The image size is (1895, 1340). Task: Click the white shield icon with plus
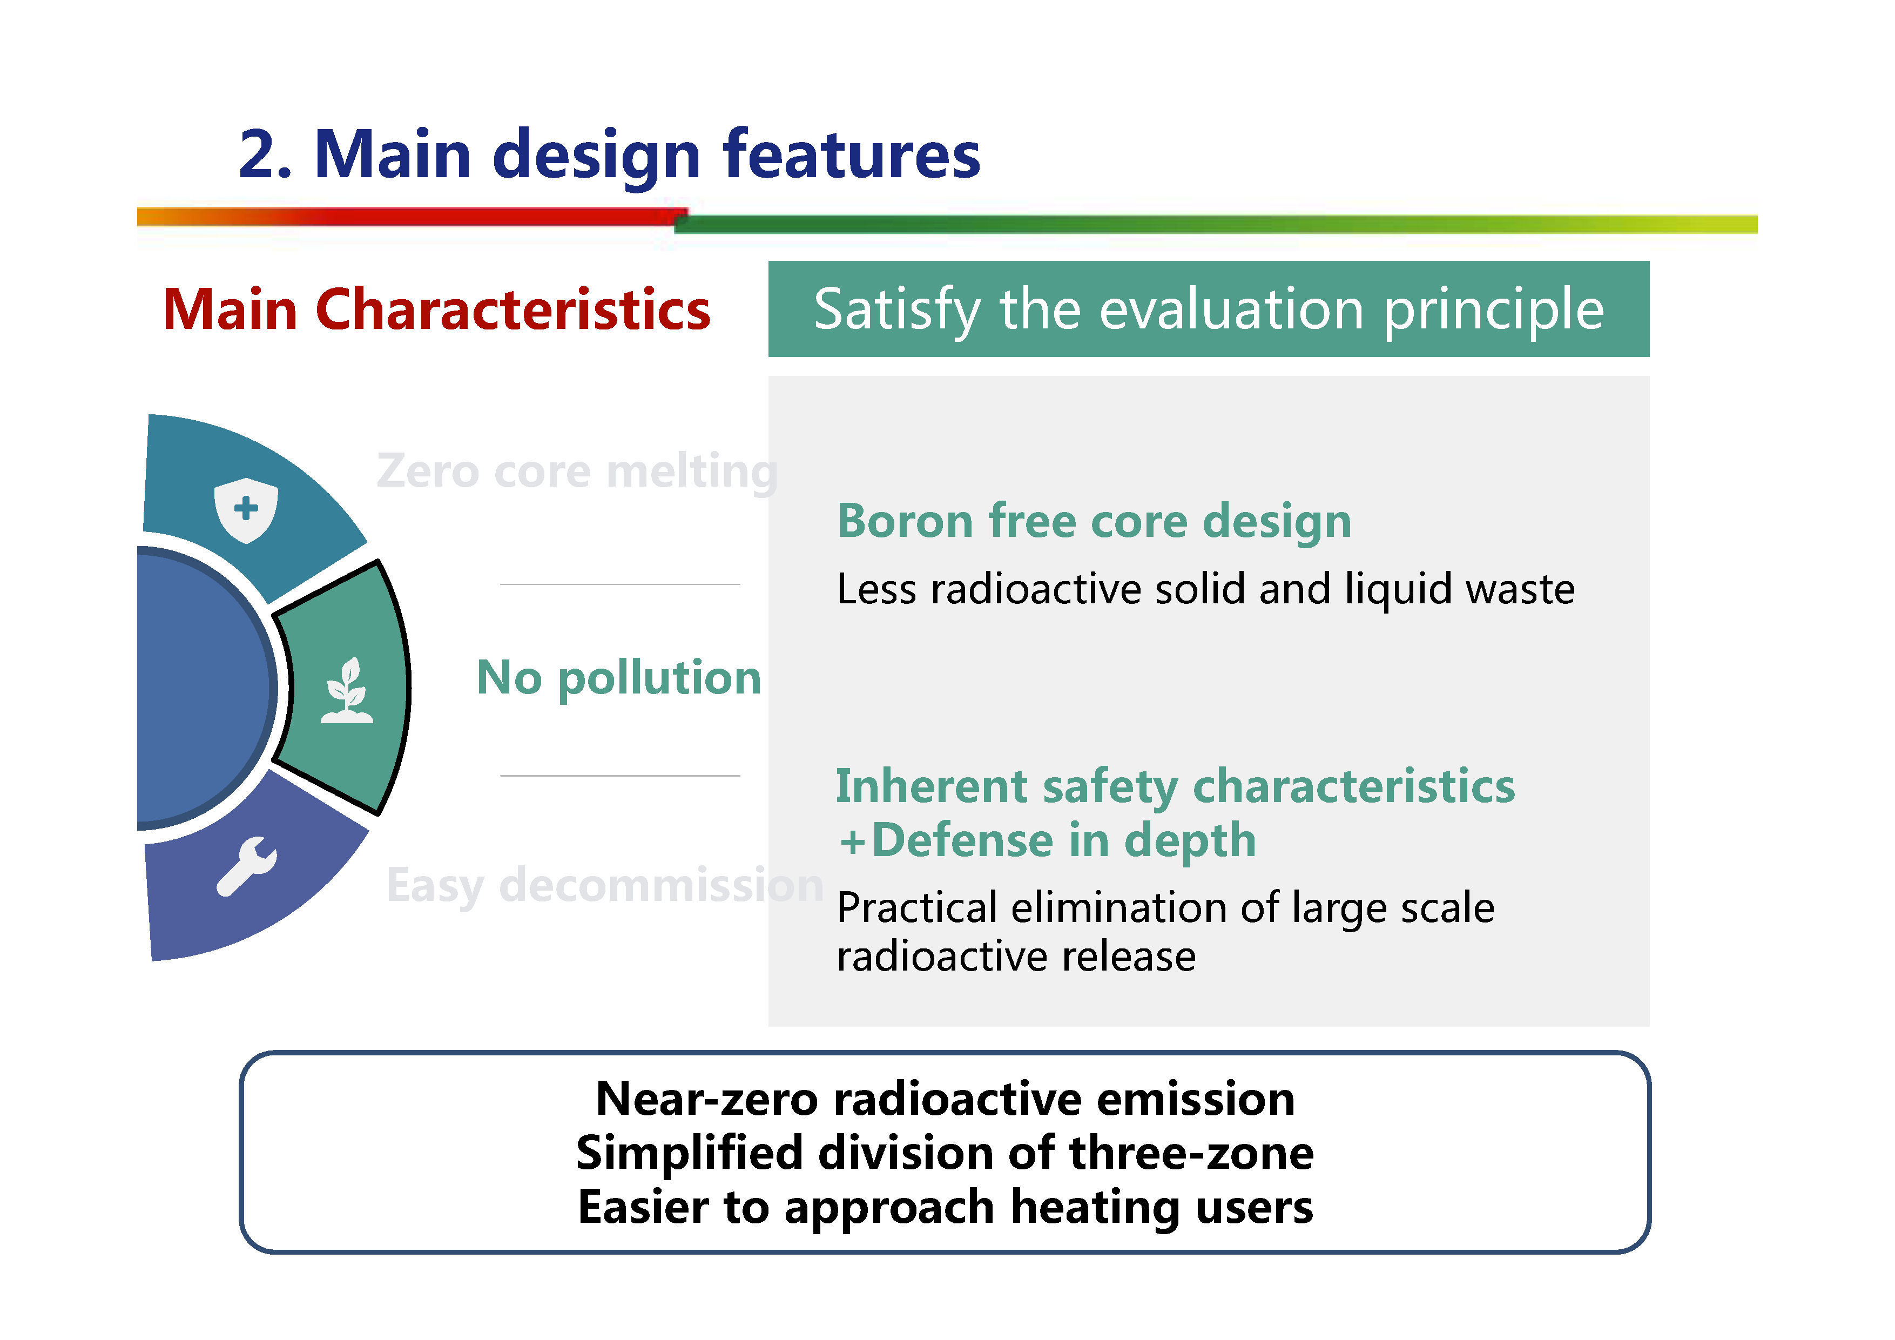246,509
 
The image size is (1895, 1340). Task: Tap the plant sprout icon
347,690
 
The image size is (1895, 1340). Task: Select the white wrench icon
247,866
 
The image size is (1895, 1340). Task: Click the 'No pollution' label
619,679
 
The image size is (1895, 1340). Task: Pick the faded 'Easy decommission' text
605,885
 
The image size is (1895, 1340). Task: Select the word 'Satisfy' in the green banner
897,311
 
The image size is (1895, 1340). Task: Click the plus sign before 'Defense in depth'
853,842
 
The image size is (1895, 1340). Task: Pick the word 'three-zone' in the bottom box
1191,1154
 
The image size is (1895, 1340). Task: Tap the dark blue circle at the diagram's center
202,688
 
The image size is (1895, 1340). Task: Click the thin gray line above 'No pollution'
620,584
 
